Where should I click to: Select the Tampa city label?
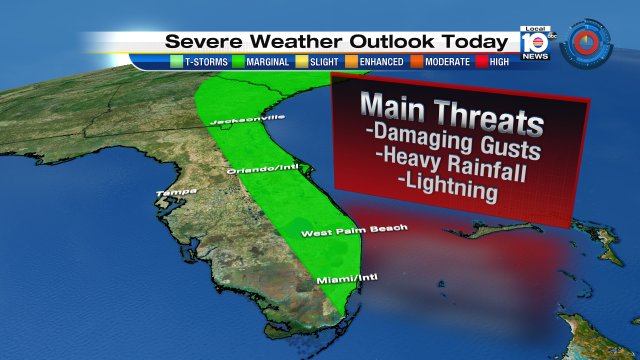pyautogui.click(x=172, y=192)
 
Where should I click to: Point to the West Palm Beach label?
pyautogui.click(x=355, y=230)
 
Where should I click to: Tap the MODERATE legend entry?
pyautogui.click(x=447, y=62)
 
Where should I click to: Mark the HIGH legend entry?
pyautogui.click(x=501, y=62)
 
